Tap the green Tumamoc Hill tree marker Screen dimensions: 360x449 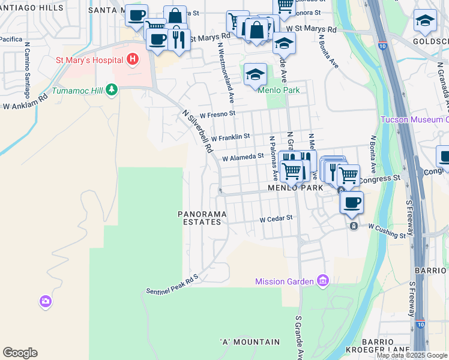click(x=111, y=90)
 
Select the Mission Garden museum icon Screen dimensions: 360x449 click(x=324, y=281)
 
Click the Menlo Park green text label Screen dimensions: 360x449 click(x=278, y=91)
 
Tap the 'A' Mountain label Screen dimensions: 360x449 click(x=250, y=342)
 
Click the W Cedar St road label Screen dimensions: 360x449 click(x=276, y=220)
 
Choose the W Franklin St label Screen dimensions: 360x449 click(x=230, y=137)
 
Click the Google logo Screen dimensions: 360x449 click(x=20, y=353)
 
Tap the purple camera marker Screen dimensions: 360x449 click(x=46, y=302)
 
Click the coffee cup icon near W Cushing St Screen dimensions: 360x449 click(x=352, y=202)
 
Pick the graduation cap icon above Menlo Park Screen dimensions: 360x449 click(x=255, y=74)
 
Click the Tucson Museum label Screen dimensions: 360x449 click(x=414, y=119)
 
